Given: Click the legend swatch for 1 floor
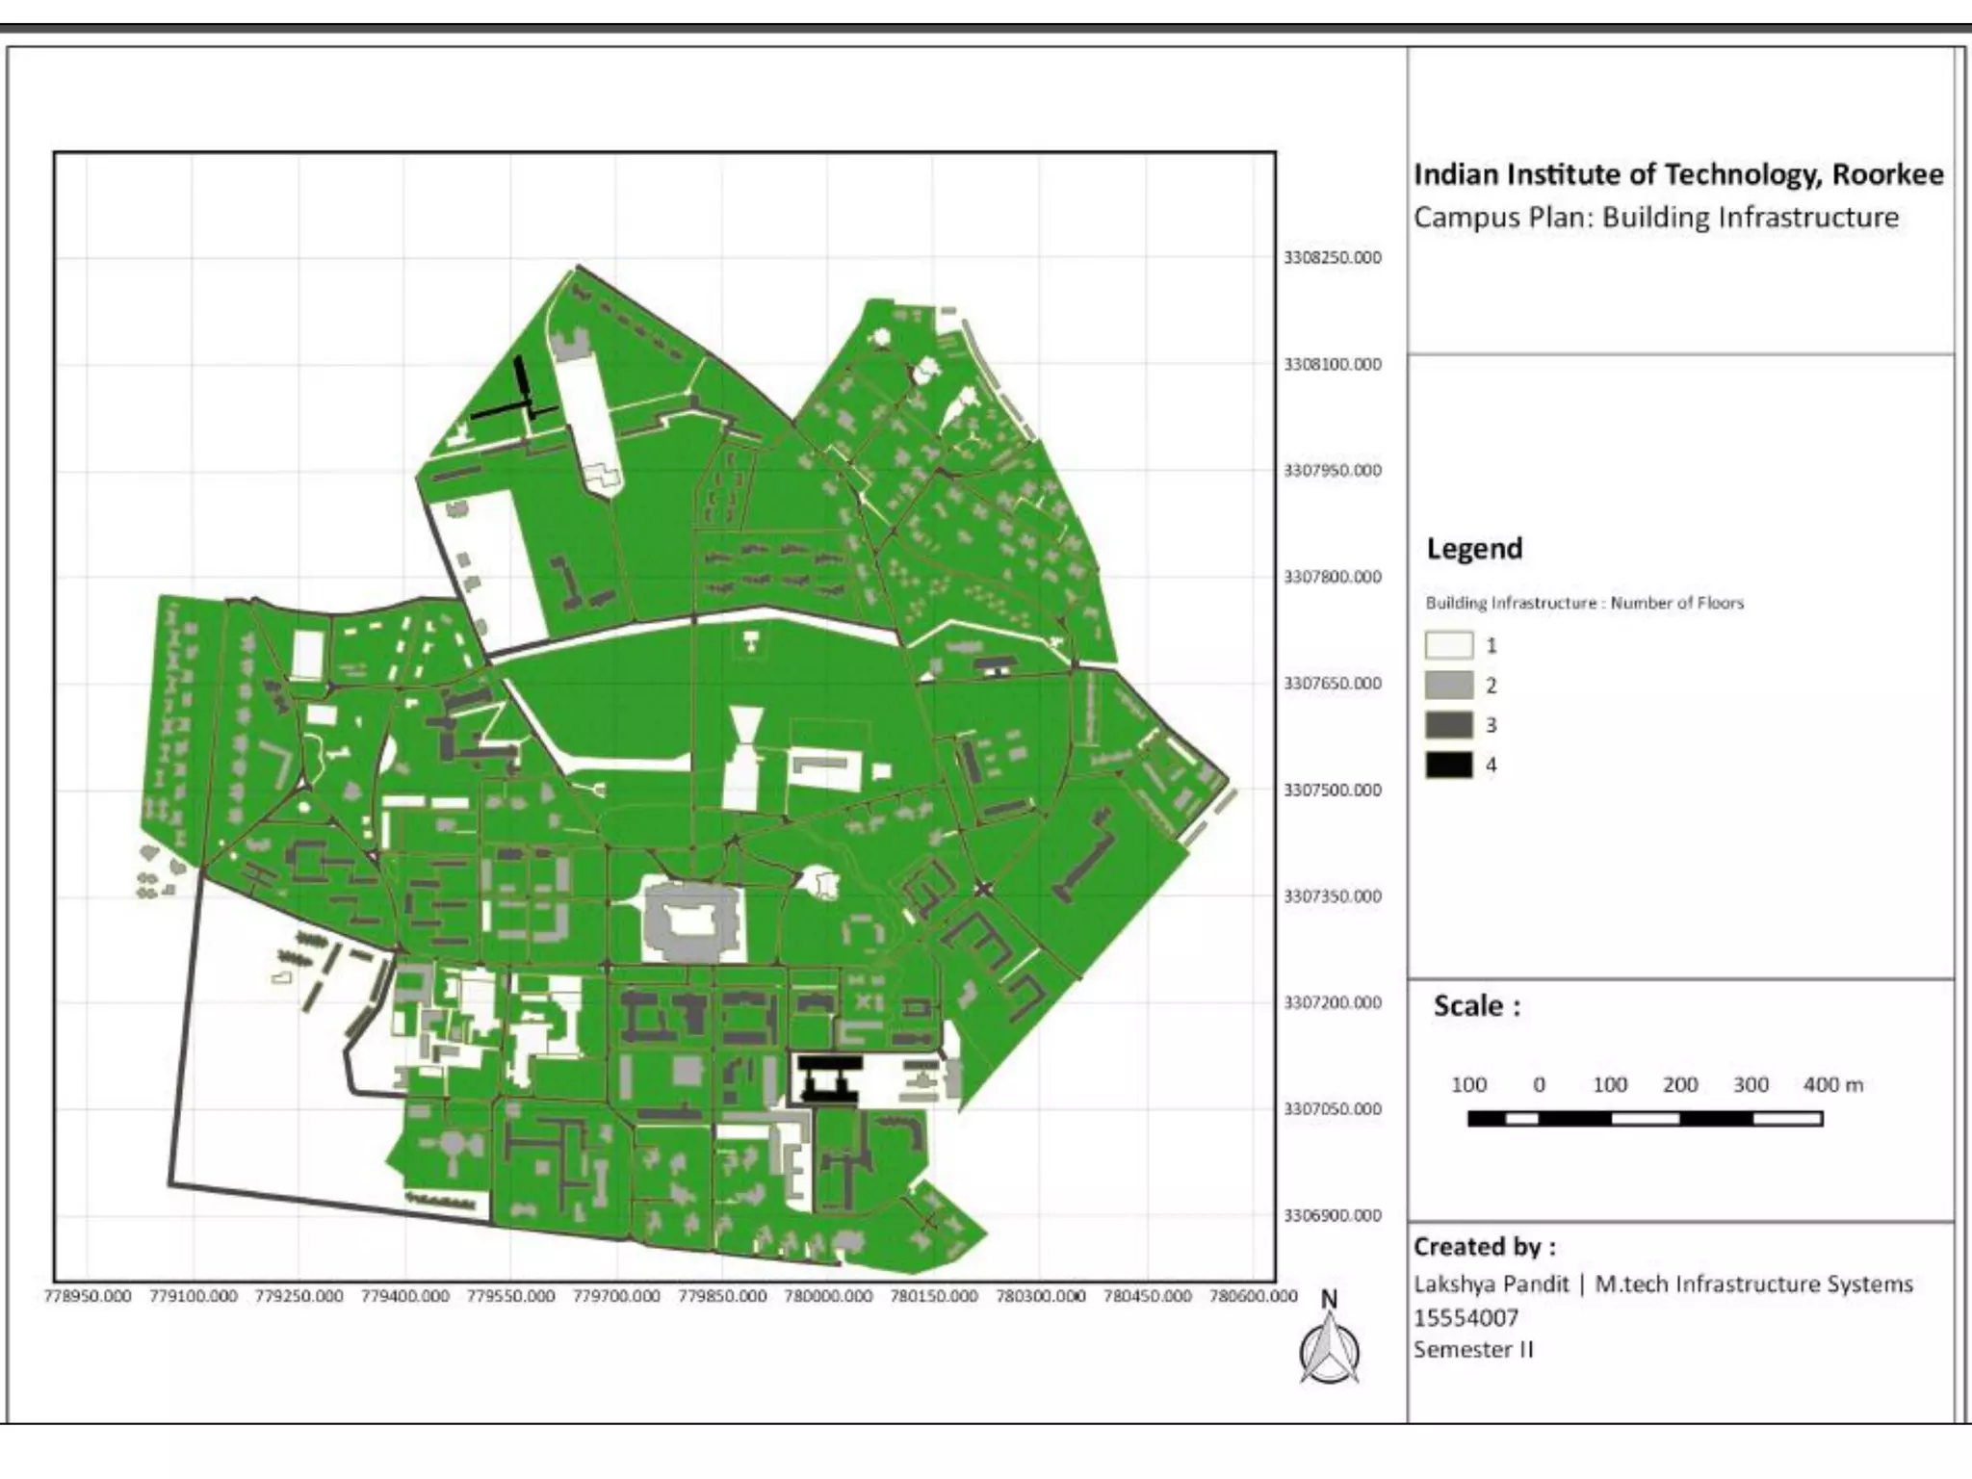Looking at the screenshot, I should click(1449, 645).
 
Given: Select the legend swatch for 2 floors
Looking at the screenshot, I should click(1449, 686).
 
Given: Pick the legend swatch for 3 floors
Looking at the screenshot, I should click(1449, 725).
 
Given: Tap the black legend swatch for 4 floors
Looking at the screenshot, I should click(1449, 765).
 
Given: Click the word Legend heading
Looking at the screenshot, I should click(1474, 549).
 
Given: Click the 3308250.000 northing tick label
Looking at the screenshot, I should click(1332, 258).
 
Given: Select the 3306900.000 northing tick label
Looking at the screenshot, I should click(1332, 1216).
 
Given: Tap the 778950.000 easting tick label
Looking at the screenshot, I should click(88, 1296).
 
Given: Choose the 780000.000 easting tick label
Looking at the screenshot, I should click(828, 1296).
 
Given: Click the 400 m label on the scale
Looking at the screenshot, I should click(1833, 1085).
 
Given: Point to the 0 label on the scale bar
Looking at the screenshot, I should click(1539, 1085).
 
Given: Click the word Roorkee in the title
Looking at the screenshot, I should click(1887, 174).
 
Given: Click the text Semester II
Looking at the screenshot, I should click(1473, 1350).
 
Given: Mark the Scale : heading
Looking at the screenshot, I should click(1476, 1006).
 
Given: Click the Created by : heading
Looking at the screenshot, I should click(1484, 1247).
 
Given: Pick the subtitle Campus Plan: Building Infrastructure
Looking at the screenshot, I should click(1656, 218).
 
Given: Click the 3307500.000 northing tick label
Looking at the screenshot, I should click(1332, 791).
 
